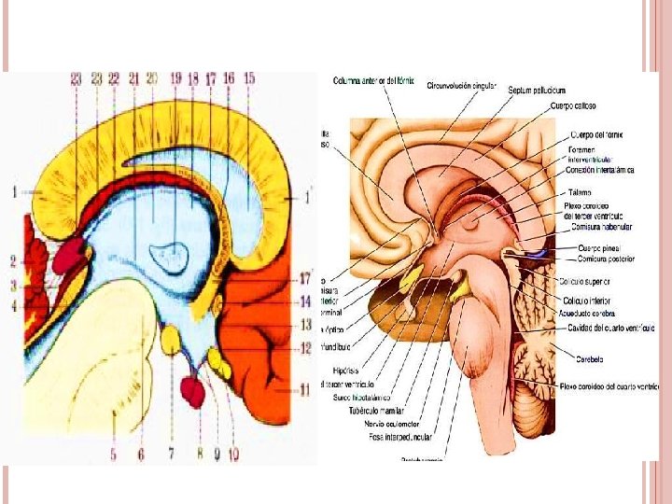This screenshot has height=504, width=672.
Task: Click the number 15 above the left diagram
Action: (x=248, y=79)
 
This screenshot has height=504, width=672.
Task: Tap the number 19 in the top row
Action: (x=175, y=79)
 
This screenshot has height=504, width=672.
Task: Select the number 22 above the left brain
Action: (x=114, y=79)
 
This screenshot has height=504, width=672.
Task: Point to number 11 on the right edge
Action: (x=304, y=392)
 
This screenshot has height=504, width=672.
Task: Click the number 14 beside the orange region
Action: (x=304, y=301)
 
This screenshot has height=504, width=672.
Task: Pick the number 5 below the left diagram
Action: (x=113, y=455)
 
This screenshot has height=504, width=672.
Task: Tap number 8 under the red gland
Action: (x=199, y=455)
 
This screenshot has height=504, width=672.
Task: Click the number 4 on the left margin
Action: (x=14, y=306)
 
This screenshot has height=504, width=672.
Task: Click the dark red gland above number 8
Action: (x=193, y=390)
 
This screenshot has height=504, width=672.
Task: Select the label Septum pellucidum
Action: (x=537, y=91)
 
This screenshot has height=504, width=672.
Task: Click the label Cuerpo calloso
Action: (x=575, y=106)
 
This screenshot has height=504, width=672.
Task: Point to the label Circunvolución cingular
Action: (x=461, y=85)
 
